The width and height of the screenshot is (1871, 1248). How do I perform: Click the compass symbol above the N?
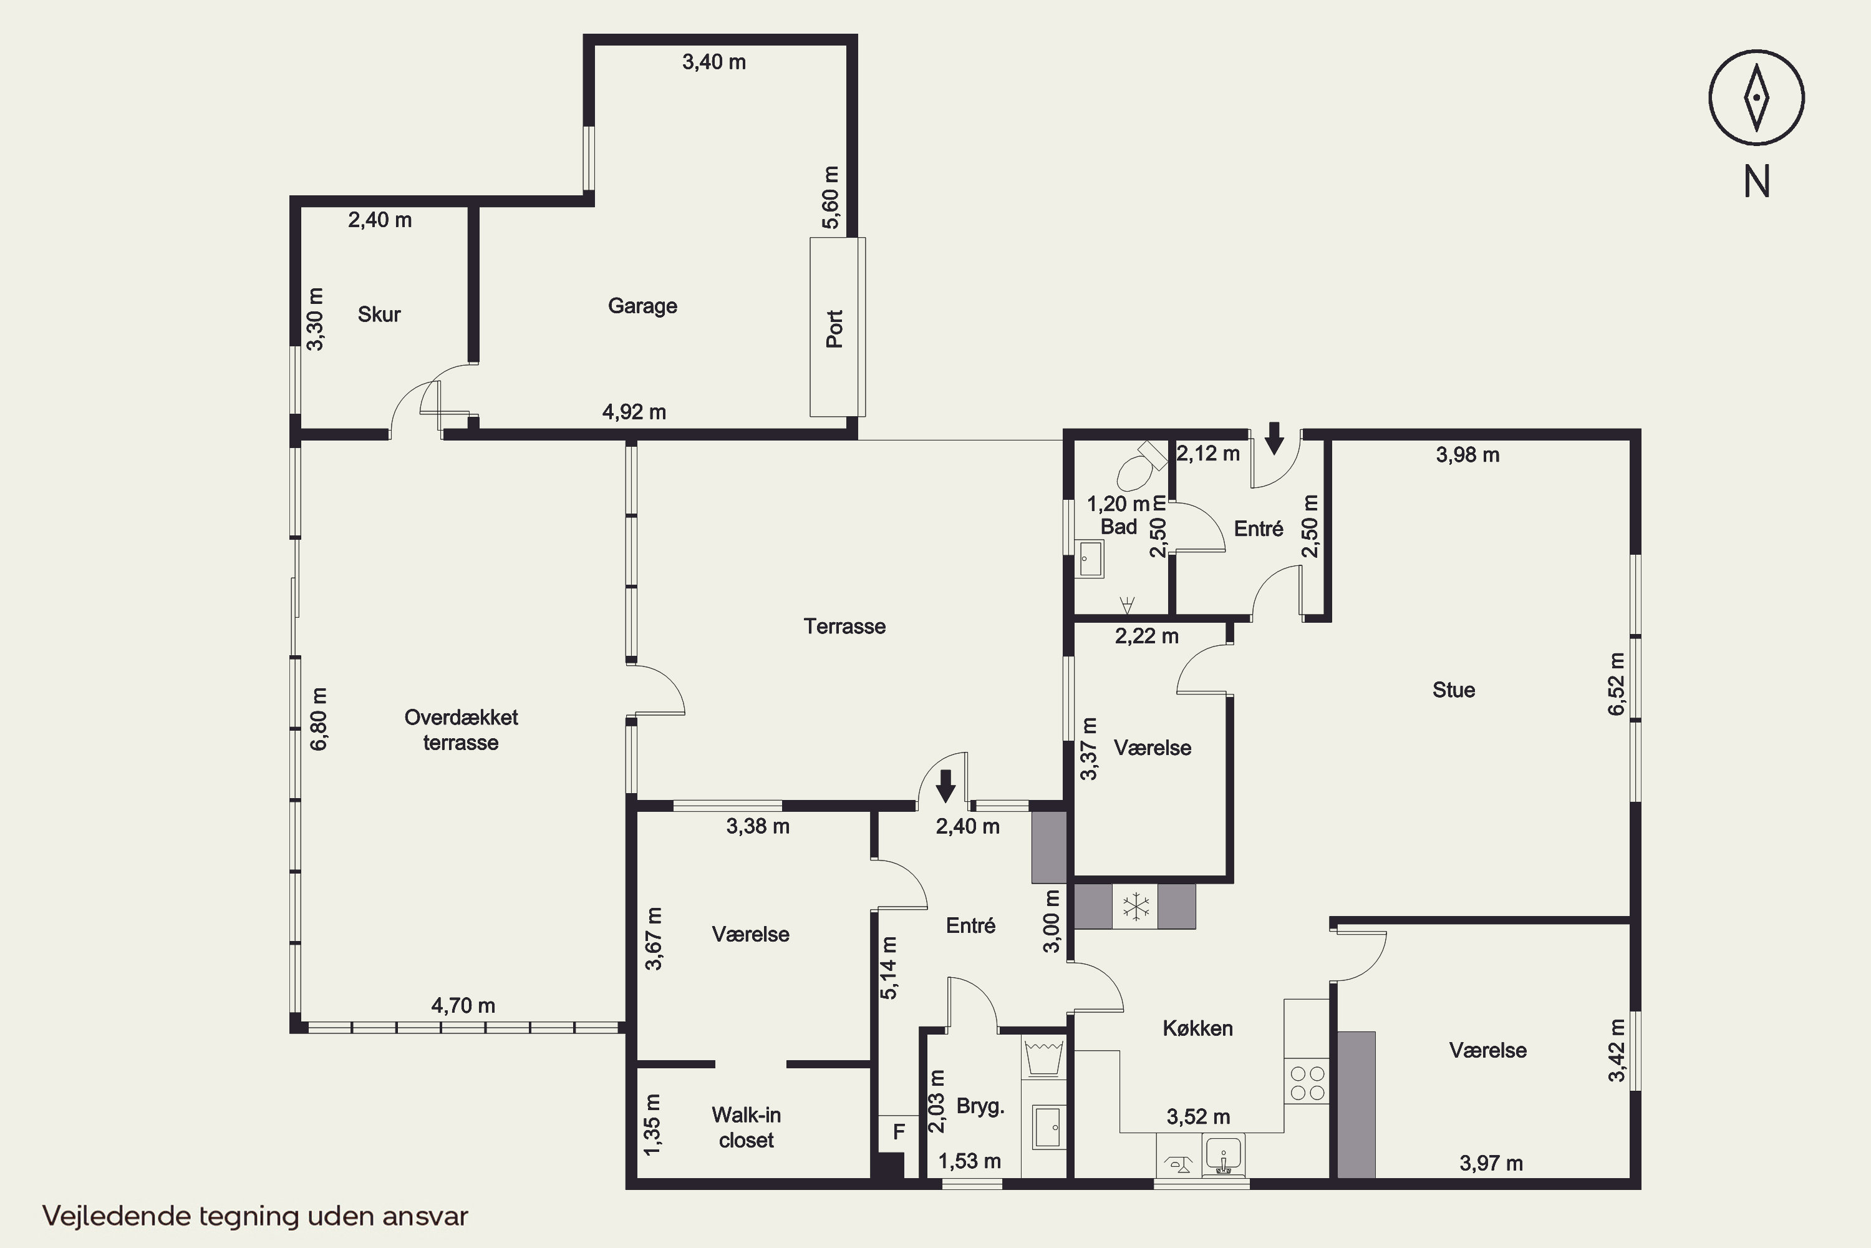(x=1756, y=99)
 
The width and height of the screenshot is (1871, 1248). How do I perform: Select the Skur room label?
(x=379, y=314)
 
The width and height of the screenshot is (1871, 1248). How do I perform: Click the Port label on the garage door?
(x=834, y=329)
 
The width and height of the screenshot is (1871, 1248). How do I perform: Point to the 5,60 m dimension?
(x=831, y=197)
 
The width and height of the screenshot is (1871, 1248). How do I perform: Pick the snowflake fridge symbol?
(x=1136, y=907)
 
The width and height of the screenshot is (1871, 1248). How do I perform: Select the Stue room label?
(x=1453, y=690)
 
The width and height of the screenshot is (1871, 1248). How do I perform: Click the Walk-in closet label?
(x=746, y=1128)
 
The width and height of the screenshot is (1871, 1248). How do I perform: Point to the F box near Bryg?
(x=899, y=1132)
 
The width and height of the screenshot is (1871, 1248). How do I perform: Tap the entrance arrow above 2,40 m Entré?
(x=945, y=785)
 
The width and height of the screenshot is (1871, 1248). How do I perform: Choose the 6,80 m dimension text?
(x=318, y=719)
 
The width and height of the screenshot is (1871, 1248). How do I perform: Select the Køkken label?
(x=1198, y=1028)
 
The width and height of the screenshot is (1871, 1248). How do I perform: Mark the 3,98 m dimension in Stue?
(x=1467, y=456)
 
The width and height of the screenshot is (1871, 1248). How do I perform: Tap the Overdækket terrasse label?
(x=462, y=730)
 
